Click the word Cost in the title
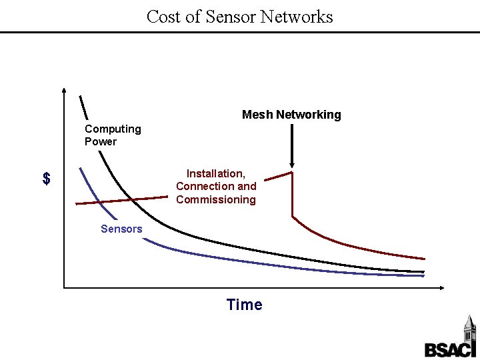pyautogui.click(x=163, y=16)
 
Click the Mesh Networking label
pyautogui.click(x=291, y=115)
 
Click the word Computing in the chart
pyautogui.click(x=113, y=129)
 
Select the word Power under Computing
pyautogui.click(x=101, y=141)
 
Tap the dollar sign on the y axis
pyautogui.click(x=46, y=179)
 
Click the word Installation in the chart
pyautogui.click(x=215, y=173)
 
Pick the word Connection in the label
pyautogui.click(x=205, y=186)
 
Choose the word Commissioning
pyautogui.click(x=216, y=199)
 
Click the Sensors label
pyautogui.click(x=121, y=229)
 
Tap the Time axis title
pyautogui.click(x=245, y=305)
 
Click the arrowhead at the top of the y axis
pyautogui.click(x=63, y=91)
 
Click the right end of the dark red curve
pyautogui.click(x=425, y=257)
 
